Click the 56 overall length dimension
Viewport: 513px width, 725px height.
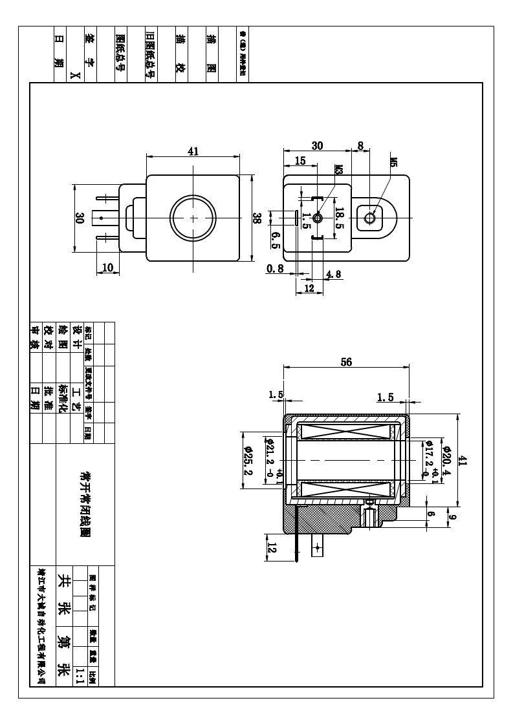click(346, 362)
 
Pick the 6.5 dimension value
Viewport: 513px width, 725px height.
click(275, 241)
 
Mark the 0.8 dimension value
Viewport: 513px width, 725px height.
click(275, 268)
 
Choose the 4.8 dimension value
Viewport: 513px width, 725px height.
click(334, 273)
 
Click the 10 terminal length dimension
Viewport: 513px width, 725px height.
click(107, 268)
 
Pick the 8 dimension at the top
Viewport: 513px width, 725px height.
click(360, 146)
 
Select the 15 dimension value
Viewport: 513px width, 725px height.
click(300, 161)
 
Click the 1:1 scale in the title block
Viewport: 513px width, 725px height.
click(80, 677)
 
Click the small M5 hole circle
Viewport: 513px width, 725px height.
click(371, 218)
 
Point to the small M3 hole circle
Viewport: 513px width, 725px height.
click(318, 219)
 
